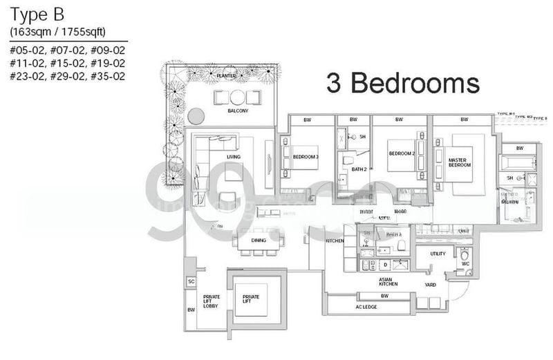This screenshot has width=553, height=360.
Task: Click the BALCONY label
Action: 238,111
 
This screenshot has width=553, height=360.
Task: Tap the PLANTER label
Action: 226,74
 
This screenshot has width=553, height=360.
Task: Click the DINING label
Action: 259,240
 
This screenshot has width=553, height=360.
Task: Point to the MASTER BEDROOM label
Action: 459,162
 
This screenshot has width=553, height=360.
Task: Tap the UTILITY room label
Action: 438,254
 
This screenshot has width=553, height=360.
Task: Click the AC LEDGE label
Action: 366,307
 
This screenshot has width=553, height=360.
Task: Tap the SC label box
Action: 191,282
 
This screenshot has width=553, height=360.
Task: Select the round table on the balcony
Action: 238,96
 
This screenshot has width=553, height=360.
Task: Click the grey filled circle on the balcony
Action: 196,115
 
